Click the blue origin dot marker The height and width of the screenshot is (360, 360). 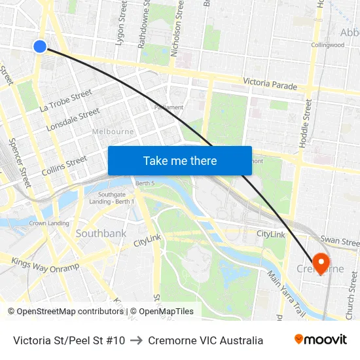pos(40,46)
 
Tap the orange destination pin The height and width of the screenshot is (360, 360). pos(321,262)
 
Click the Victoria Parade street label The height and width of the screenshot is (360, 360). pos(270,84)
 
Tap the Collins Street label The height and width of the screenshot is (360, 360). pos(64,165)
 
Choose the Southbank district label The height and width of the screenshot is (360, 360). pos(101,233)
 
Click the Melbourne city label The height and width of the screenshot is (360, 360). pos(113,132)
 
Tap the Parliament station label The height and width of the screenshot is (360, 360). pos(168,107)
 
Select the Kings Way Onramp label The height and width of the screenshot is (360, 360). pos(45,265)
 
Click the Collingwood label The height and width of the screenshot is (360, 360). pos(327,45)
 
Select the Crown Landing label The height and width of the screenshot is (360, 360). pos(49,223)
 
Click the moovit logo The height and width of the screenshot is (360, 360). pos(321,340)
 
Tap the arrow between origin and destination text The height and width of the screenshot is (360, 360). pos(136,340)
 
